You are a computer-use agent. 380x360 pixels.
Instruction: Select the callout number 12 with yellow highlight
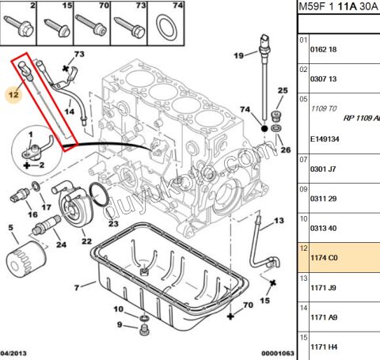click(11, 94)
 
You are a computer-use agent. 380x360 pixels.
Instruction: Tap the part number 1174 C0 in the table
click(322, 257)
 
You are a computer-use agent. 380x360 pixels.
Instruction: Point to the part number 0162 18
click(322, 49)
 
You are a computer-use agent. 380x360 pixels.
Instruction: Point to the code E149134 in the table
click(325, 136)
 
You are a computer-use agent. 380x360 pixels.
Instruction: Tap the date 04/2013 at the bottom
click(15, 354)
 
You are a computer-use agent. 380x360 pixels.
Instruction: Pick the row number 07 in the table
click(302, 158)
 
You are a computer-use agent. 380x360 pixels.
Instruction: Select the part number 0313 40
click(322, 228)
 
